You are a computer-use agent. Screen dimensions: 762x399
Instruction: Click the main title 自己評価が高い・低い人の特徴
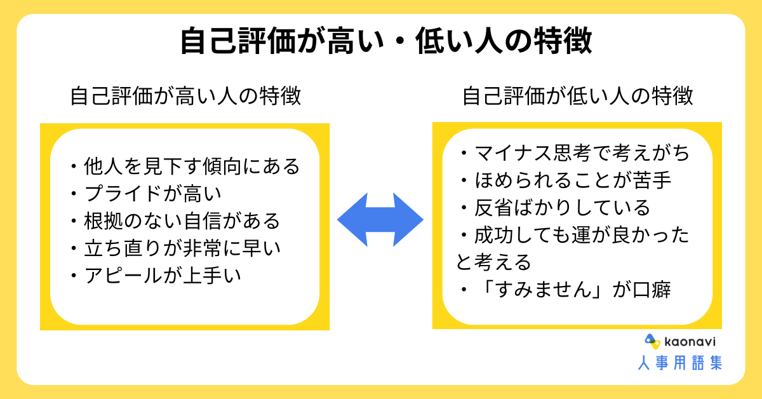pyautogui.click(x=387, y=41)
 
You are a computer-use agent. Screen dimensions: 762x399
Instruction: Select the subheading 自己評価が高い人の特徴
pyautogui.click(x=185, y=96)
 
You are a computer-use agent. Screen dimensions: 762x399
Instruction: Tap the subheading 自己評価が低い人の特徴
pyautogui.click(x=578, y=96)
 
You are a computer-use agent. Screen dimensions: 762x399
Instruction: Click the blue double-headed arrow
pyautogui.click(x=380, y=220)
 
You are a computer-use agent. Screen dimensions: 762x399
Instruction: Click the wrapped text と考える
pyautogui.click(x=493, y=262)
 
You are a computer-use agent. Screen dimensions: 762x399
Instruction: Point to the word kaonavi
pyautogui.click(x=690, y=341)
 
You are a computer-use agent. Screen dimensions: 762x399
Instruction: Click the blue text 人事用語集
pyautogui.click(x=680, y=363)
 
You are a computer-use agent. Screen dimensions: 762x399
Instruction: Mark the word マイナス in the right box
pyautogui.click(x=513, y=152)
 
